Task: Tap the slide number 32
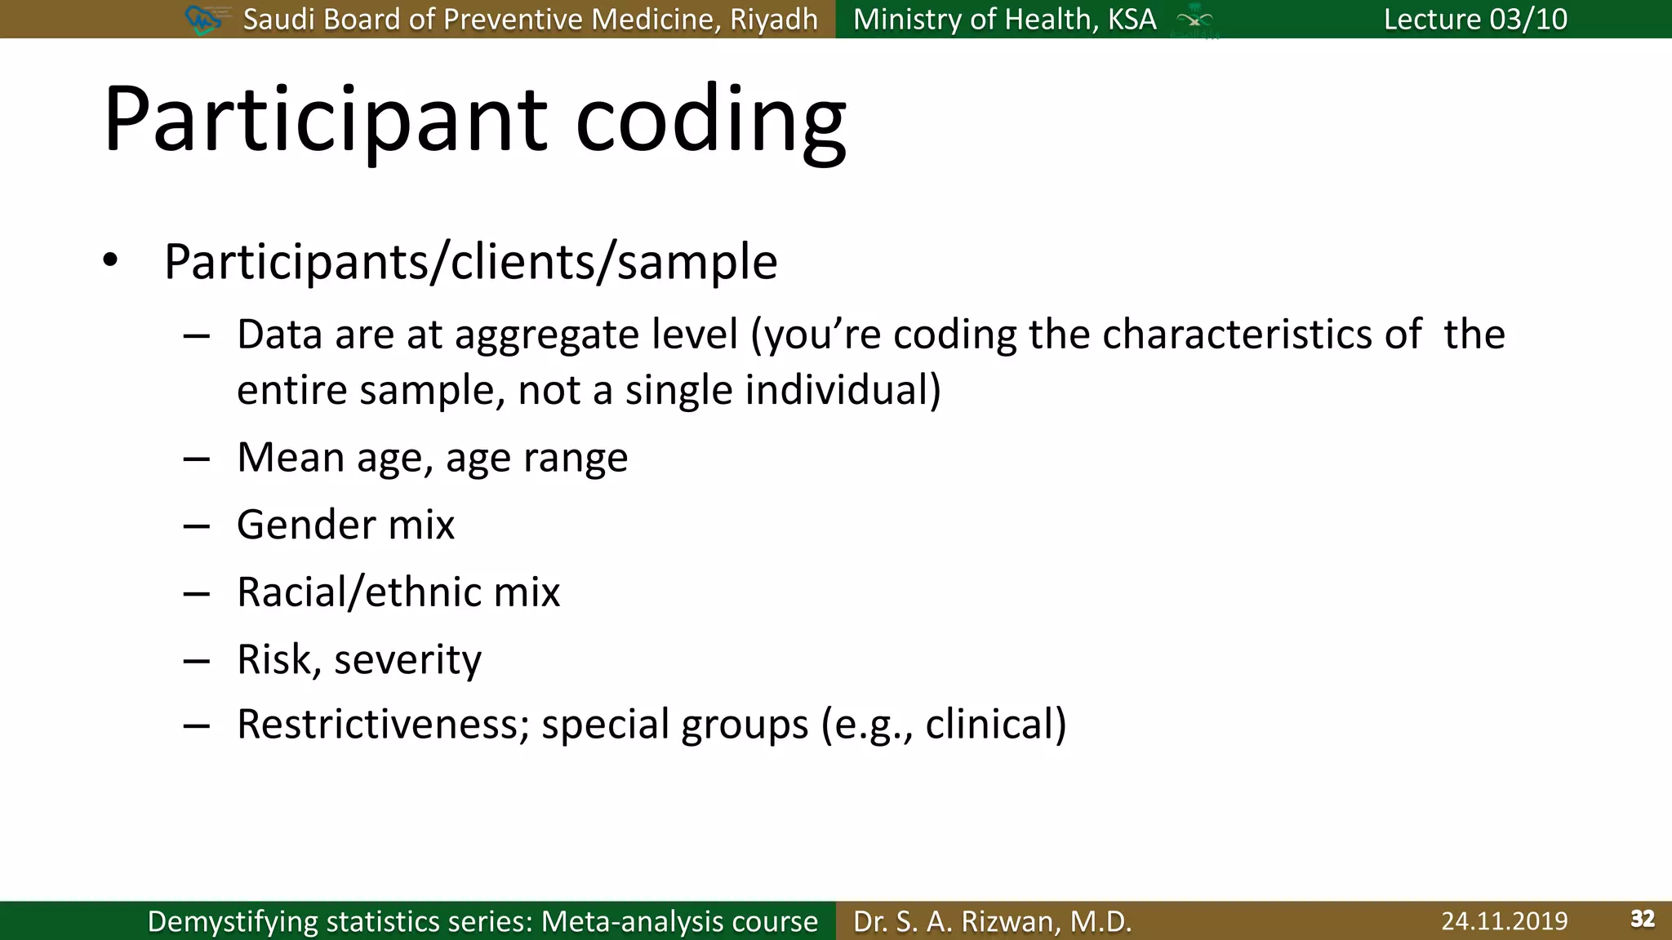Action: (x=1643, y=920)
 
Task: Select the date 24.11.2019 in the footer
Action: (x=1504, y=921)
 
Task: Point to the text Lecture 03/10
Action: (x=1475, y=19)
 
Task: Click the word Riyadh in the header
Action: (x=773, y=19)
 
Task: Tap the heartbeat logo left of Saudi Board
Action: (x=203, y=19)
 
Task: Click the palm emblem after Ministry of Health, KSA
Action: (x=1194, y=20)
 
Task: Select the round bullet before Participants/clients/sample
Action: (x=111, y=261)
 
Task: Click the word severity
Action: (x=407, y=659)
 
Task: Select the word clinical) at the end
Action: (x=995, y=725)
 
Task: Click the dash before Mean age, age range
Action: (x=197, y=459)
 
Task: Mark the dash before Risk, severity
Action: (x=197, y=660)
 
